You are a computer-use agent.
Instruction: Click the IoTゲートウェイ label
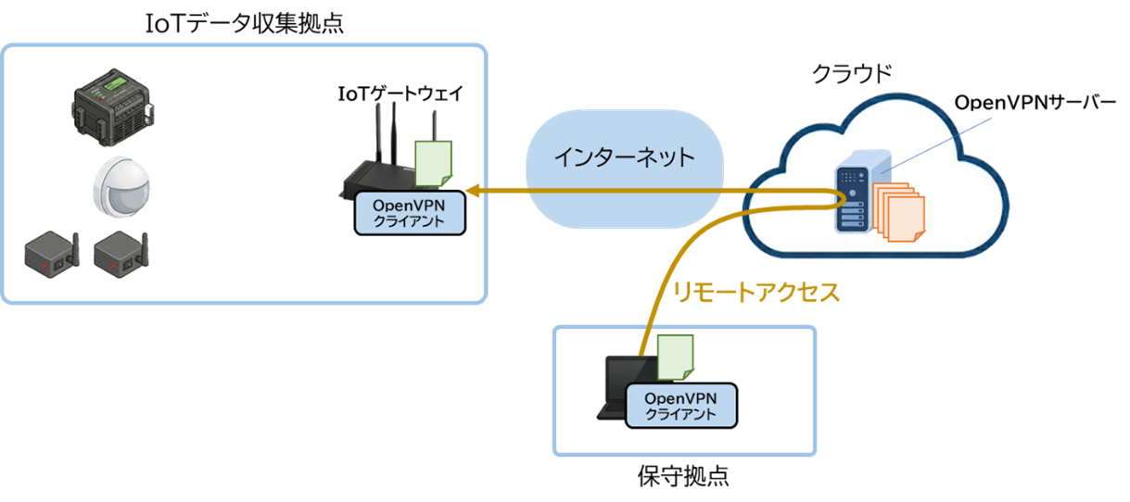(400, 94)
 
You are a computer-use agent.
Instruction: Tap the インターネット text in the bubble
(624, 157)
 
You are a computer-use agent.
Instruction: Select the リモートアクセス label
(756, 294)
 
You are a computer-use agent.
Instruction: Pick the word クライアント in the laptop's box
(681, 414)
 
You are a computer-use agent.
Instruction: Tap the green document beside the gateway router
(433, 163)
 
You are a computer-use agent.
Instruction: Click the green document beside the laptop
(675, 358)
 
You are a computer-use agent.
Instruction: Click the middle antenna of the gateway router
(392, 134)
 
